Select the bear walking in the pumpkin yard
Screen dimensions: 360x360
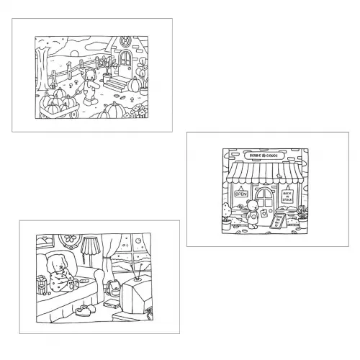click(91, 86)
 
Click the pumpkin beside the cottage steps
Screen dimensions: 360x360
click(135, 85)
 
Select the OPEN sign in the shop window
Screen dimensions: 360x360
click(241, 193)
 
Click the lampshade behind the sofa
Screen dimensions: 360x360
click(91, 247)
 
